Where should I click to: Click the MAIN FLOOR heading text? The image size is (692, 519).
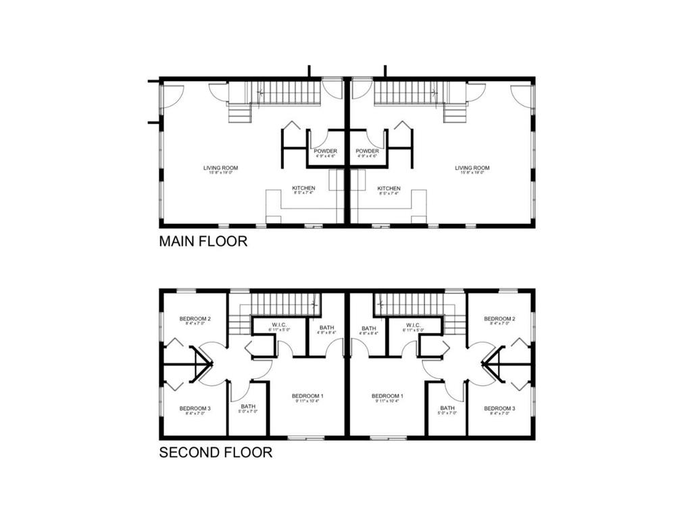pyautogui.click(x=203, y=241)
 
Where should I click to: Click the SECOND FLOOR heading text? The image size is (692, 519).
pyautogui.click(x=216, y=453)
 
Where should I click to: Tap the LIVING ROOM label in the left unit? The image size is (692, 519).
pyautogui.click(x=220, y=168)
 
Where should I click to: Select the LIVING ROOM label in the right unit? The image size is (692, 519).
pyautogui.click(x=472, y=168)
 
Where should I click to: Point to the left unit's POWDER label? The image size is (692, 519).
pyautogui.click(x=325, y=151)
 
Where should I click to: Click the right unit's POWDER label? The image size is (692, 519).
pyautogui.click(x=367, y=151)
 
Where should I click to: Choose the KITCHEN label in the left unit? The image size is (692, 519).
pyautogui.click(x=303, y=189)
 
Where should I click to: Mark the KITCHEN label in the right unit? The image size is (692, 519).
pyautogui.click(x=389, y=189)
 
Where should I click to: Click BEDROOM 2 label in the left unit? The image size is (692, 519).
pyautogui.click(x=195, y=319)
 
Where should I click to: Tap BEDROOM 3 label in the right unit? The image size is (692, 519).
pyautogui.click(x=501, y=409)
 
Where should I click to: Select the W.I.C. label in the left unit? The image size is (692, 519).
pyautogui.click(x=280, y=326)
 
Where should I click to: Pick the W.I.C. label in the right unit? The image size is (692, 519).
pyautogui.click(x=412, y=326)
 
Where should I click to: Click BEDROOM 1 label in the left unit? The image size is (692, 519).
pyautogui.click(x=307, y=396)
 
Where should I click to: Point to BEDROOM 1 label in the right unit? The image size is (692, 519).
pyautogui.click(x=387, y=396)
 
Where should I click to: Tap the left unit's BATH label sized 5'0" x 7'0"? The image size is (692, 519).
pyautogui.click(x=248, y=408)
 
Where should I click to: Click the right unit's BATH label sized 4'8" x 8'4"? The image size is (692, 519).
pyautogui.click(x=369, y=328)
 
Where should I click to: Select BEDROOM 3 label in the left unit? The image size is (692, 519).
pyautogui.click(x=195, y=409)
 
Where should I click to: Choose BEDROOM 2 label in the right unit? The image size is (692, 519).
pyautogui.click(x=501, y=319)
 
